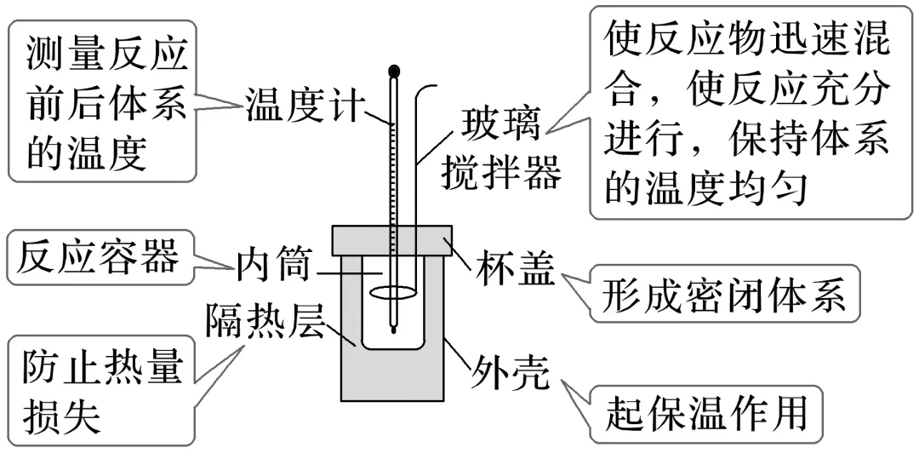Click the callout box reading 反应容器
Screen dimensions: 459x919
pos(99,256)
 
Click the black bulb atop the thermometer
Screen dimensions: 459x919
pos(392,71)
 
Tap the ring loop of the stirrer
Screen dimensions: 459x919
pos(393,294)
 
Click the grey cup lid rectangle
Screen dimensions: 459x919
pos(392,239)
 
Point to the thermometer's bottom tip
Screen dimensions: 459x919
pos(392,329)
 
